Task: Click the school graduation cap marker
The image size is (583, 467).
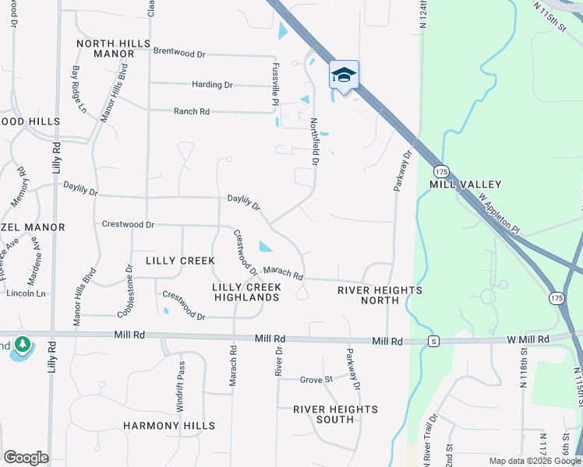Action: click(x=344, y=75)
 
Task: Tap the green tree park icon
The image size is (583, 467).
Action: click(x=23, y=344)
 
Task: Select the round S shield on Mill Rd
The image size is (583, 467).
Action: click(x=433, y=342)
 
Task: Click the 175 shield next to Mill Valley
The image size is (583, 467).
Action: click(x=442, y=170)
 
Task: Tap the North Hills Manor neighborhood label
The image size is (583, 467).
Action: click(x=113, y=48)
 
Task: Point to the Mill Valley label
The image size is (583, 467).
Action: click(x=465, y=184)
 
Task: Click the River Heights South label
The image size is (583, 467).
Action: click(x=335, y=414)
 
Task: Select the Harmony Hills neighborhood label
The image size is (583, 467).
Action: click(x=169, y=426)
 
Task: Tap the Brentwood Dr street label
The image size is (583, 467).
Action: click(x=179, y=54)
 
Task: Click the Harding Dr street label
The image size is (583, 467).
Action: click(x=212, y=84)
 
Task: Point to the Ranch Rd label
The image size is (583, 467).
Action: click(x=192, y=111)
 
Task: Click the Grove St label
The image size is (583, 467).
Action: click(x=316, y=379)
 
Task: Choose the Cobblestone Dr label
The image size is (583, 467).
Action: click(x=125, y=291)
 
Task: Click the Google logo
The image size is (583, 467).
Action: click(x=26, y=458)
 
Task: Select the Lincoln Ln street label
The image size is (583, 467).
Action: click(x=26, y=293)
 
